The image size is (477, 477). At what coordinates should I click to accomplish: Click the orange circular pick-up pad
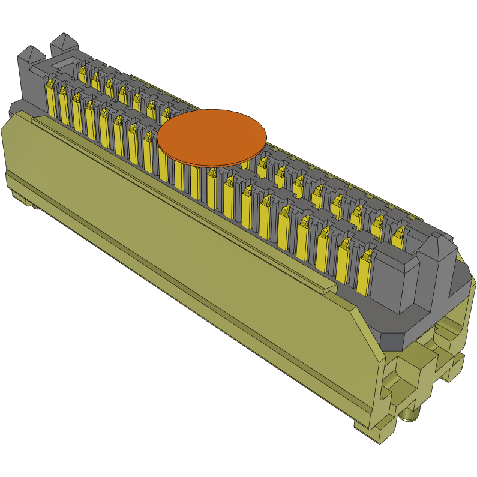[212, 137]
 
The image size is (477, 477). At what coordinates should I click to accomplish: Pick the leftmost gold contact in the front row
[51, 99]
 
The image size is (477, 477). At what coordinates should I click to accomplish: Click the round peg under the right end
[410, 413]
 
